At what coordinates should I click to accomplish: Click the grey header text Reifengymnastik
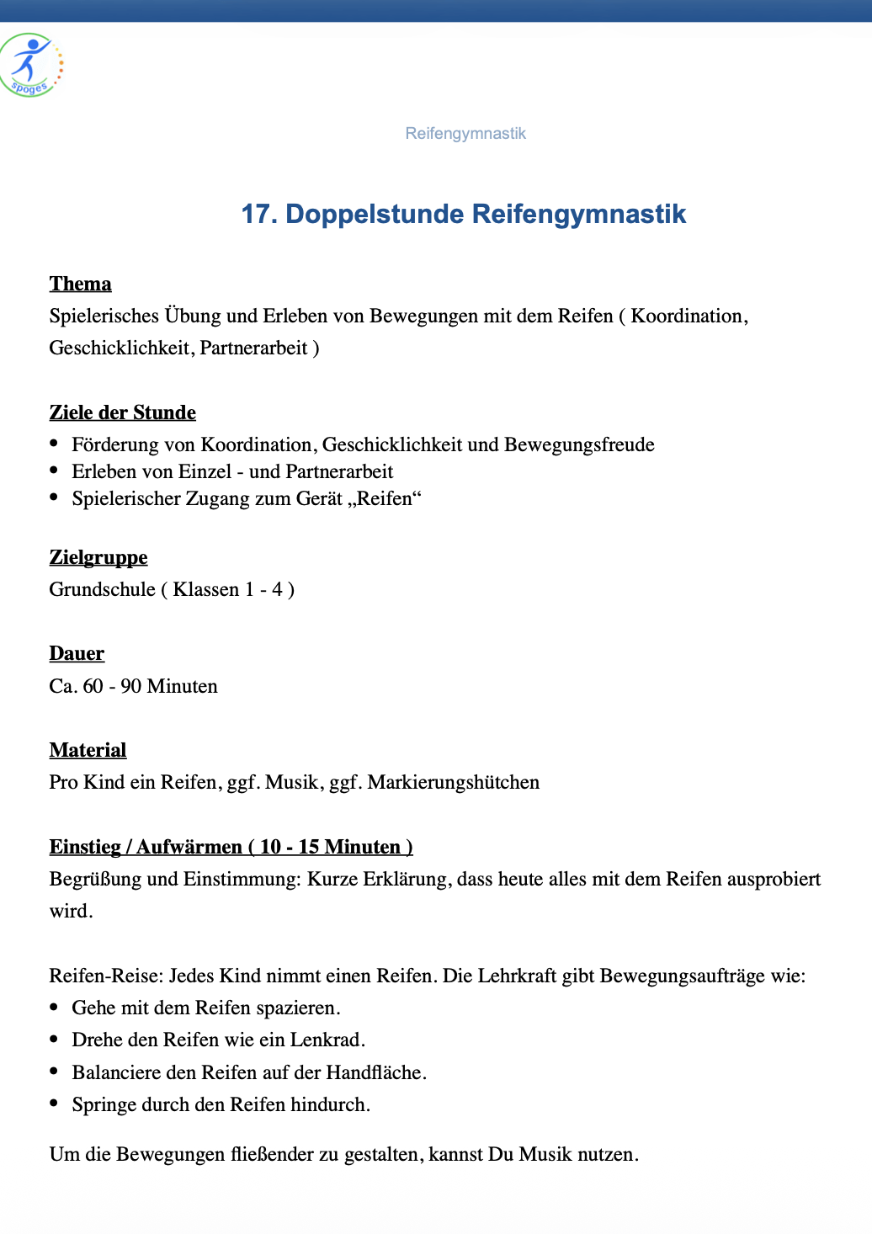[465, 134]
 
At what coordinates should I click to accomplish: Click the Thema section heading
[80, 284]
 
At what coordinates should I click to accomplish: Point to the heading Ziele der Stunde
[122, 412]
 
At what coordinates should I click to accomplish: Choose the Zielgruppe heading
[98, 557]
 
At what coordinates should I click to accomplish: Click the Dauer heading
[77, 654]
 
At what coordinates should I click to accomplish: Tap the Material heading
[88, 750]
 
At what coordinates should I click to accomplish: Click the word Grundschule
[102, 589]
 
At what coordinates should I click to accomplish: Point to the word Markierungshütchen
[453, 782]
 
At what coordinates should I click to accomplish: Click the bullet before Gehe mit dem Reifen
[55, 1007]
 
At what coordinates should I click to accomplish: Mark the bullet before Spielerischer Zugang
[55, 497]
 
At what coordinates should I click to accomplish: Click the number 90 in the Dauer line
[130, 686]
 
